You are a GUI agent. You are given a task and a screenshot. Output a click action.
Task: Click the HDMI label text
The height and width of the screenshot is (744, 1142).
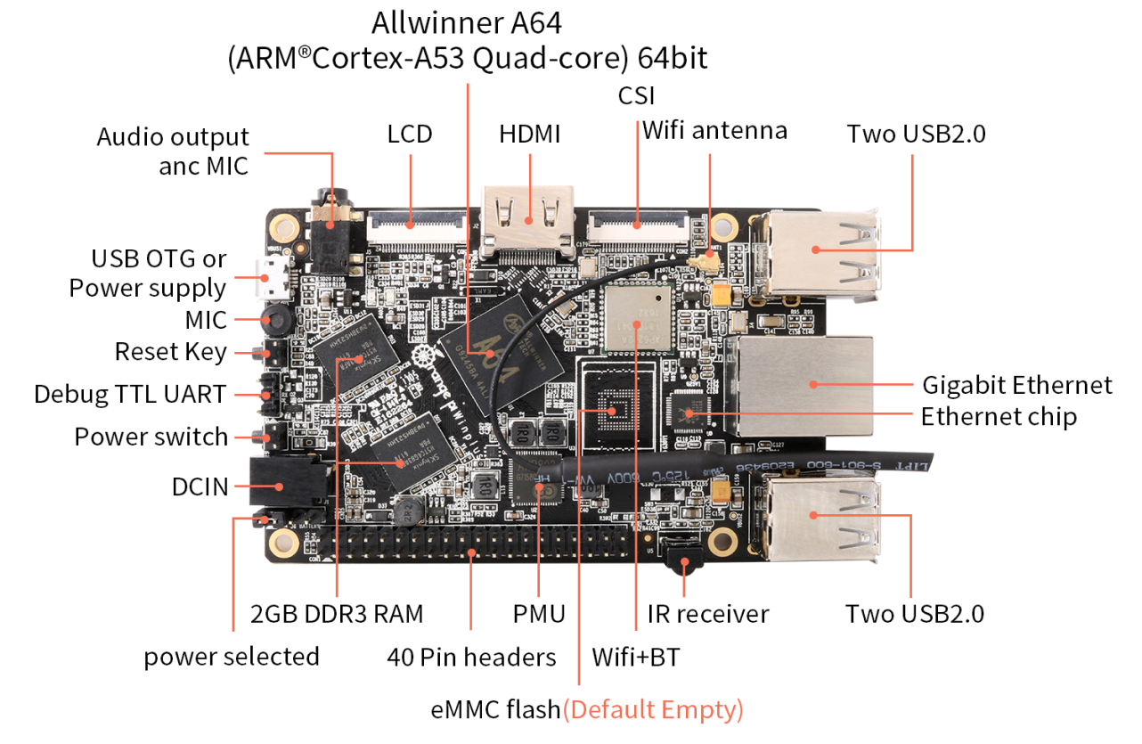coord(529,135)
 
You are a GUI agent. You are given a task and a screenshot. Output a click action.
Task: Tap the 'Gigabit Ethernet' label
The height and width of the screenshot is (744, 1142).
coord(1016,385)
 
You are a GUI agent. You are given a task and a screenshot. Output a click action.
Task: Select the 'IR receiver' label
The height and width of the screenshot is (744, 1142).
coord(708,614)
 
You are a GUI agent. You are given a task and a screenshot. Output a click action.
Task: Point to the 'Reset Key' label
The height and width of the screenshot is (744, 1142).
coord(171,351)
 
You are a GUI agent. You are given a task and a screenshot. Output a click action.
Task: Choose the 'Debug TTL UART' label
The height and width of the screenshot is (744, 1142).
coord(130,394)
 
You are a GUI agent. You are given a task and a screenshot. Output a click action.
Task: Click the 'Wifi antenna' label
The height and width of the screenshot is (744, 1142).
coord(714,131)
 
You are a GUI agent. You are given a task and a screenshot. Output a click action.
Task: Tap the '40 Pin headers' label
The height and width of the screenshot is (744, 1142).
coord(471,658)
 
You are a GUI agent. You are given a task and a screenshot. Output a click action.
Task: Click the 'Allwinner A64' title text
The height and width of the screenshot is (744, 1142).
coord(467,21)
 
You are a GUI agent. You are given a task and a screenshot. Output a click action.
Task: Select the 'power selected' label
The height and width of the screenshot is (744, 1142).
coord(232,657)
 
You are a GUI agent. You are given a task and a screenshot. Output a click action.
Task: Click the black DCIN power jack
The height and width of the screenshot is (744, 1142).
coord(280,486)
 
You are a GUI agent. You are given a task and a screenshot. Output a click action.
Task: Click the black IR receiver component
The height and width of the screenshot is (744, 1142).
coord(684,564)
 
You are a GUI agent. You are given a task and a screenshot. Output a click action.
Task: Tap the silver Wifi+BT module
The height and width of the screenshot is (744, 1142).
coord(635,319)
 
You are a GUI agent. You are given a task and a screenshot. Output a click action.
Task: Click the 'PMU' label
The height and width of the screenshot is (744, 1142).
coord(539,614)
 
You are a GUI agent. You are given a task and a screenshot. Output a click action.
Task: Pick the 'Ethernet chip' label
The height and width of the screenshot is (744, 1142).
coord(999,416)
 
